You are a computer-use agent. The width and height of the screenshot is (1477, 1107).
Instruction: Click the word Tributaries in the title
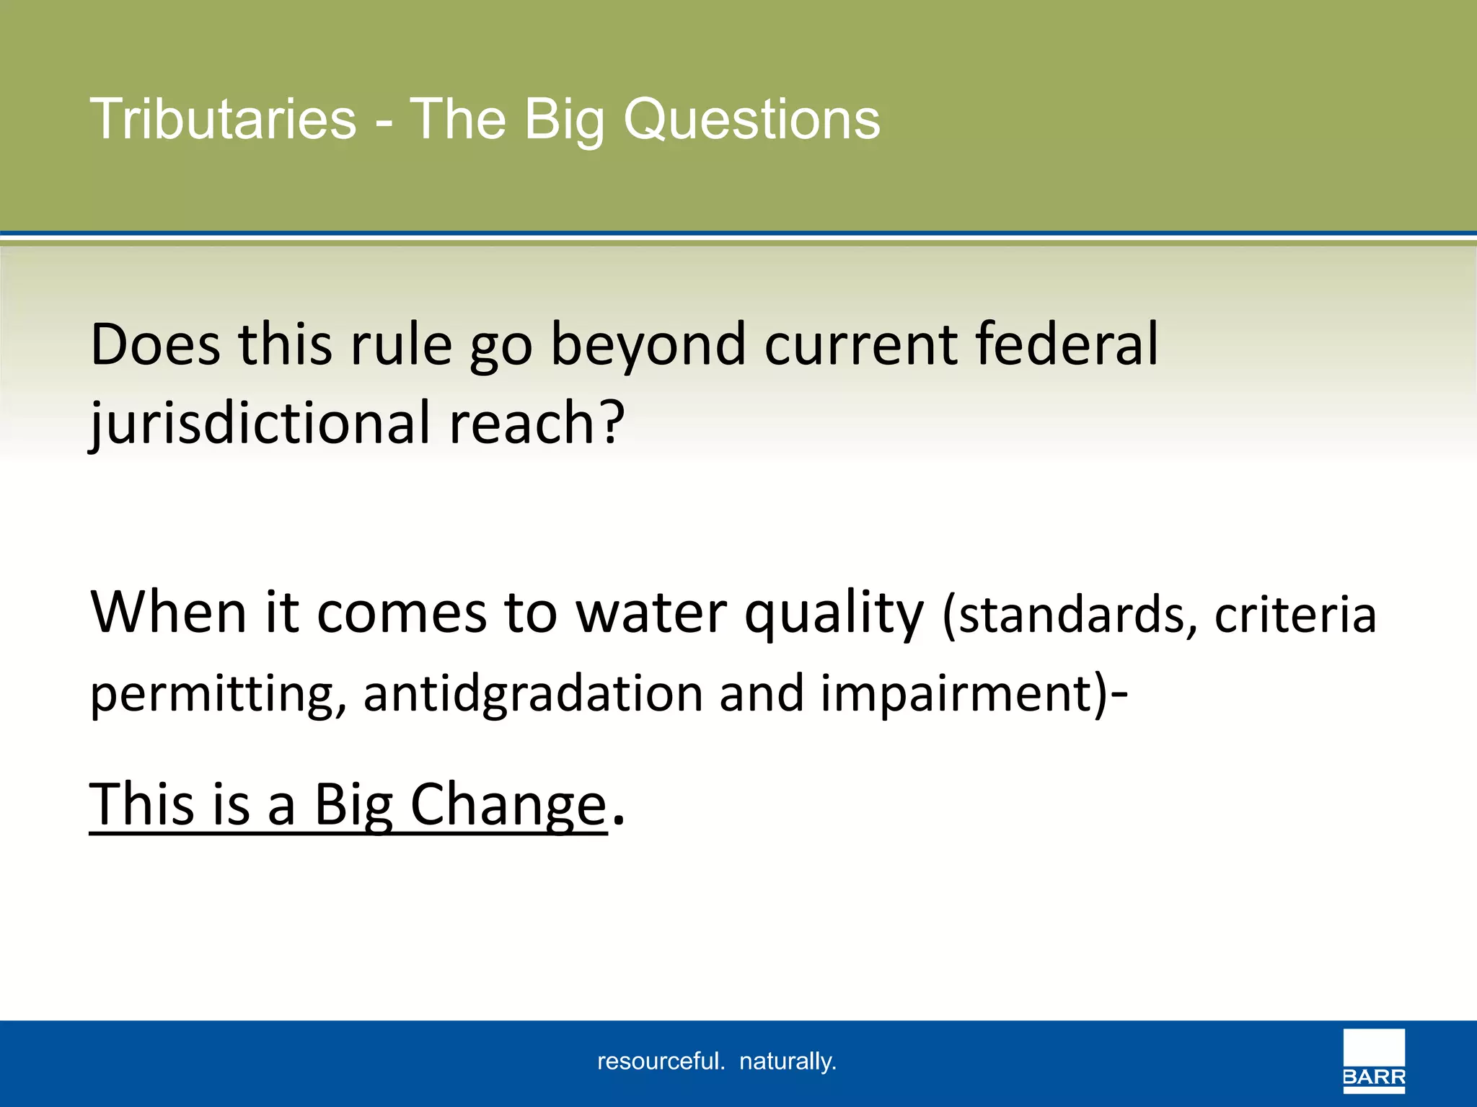(223, 119)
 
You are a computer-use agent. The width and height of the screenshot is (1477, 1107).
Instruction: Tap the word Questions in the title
(751, 119)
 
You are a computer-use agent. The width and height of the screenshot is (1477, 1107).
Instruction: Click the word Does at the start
(155, 345)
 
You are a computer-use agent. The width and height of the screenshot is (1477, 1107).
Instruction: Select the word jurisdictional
(260, 424)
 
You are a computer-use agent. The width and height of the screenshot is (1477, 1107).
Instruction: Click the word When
(168, 613)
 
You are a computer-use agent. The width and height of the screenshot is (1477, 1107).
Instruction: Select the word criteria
(1295, 615)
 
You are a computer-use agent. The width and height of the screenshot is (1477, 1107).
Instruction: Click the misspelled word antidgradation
(532, 695)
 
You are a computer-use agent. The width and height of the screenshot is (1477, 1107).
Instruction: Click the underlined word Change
(508, 805)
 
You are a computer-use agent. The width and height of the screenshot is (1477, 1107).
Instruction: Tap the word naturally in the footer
(788, 1062)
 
